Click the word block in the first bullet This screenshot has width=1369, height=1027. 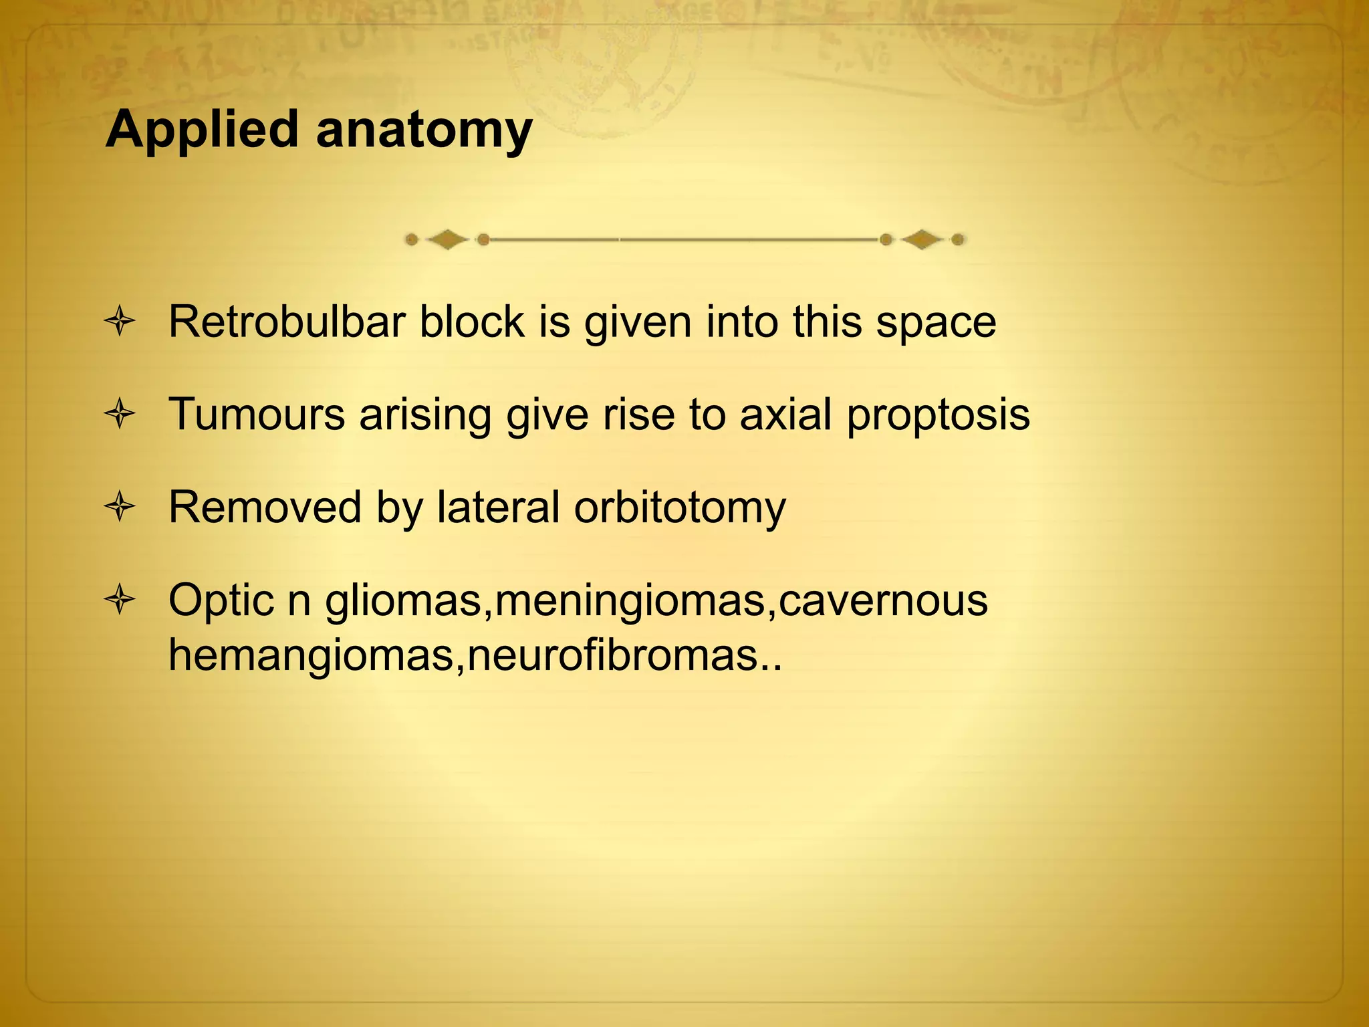click(x=472, y=322)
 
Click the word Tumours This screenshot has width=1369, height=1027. click(x=257, y=414)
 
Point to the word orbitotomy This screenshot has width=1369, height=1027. click(x=680, y=508)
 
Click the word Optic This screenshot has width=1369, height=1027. click(x=221, y=600)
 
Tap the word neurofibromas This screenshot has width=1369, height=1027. click(x=614, y=655)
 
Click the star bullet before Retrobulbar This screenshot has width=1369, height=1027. click(x=120, y=323)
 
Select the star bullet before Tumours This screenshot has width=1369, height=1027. click(x=120, y=415)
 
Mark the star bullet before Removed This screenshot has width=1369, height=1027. click(x=120, y=507)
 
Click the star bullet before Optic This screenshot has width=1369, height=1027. click(x=120, y=600)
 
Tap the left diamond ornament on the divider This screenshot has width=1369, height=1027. click(x=447, y=239)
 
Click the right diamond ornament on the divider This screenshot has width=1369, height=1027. click(x=922, y=239)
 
